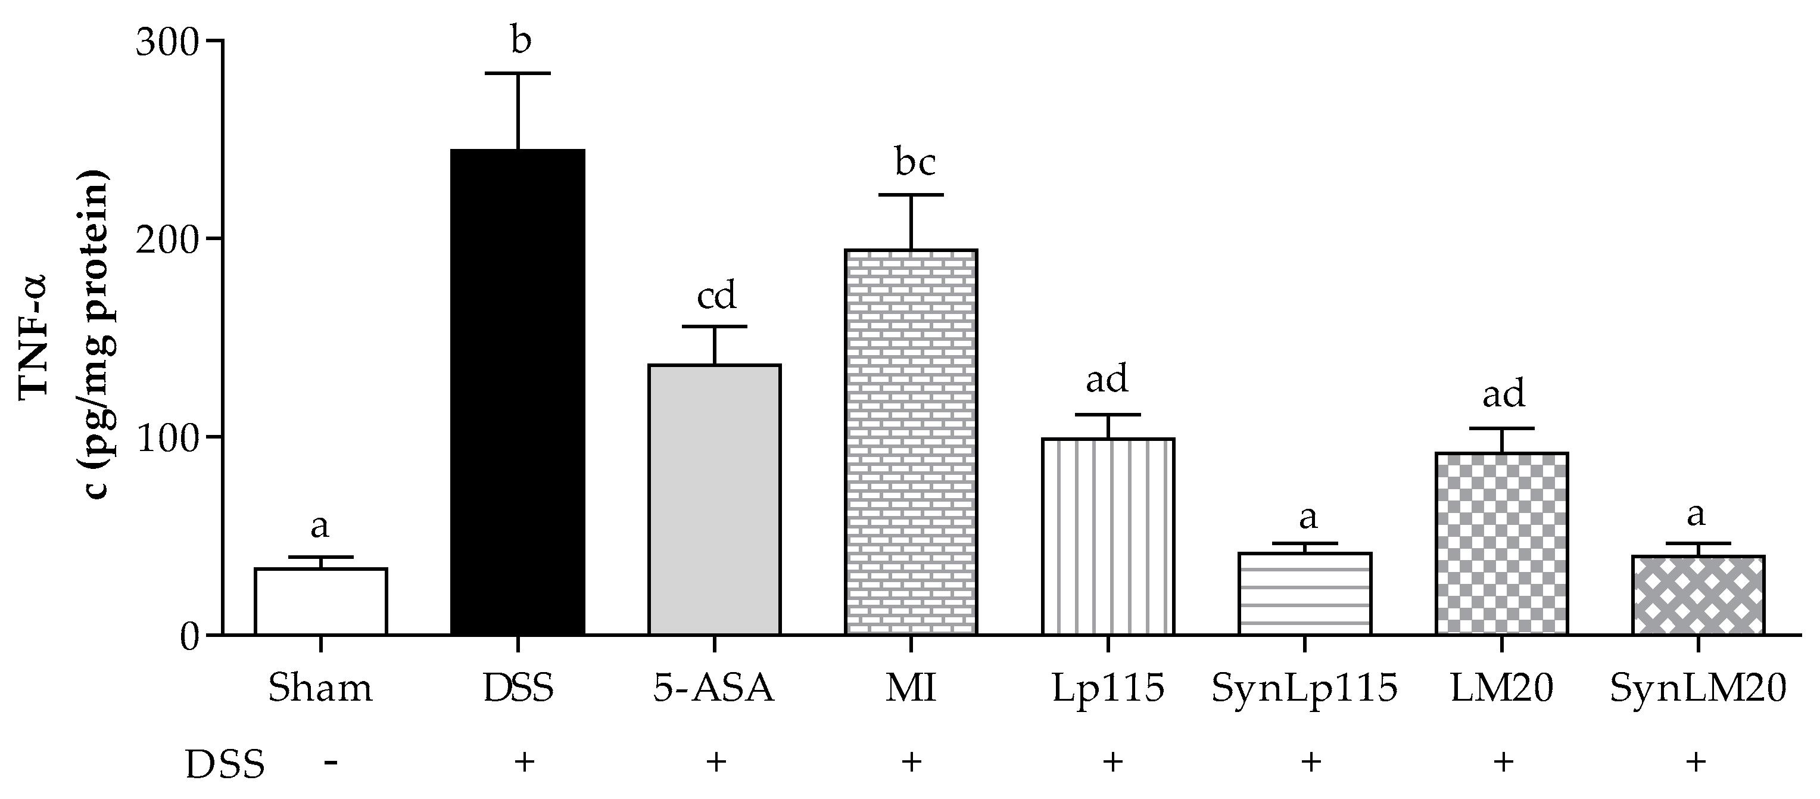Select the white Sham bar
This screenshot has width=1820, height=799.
pyautogui.click(x=321, y=602)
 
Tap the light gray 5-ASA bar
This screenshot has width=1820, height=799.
pyautogui.click(x=714, y=499)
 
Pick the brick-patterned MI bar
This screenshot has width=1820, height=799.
pyautogui.click(x=911, y=442)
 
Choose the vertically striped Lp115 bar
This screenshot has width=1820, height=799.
pyautogui.click(x=1108, y=537)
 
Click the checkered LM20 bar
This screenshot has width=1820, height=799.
pyautogui.click(x=1501, y=544)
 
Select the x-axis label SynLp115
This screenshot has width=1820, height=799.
pyautogui.click(x=1305, y=689)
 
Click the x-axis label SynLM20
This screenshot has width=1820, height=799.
pyautogui.click(x=1698, y=689)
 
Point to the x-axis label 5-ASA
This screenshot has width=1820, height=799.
pyautogui.click(x=713, y=689)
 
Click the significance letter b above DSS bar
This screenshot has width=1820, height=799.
pyautogui.click(x=520, y=41)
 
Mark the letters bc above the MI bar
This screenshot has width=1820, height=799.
pyautogui.click(x=915, y=163)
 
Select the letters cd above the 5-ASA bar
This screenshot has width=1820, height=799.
pyautogui.click(x=716, y=295)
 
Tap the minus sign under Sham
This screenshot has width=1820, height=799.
pyautogui.click(x=330, y=762)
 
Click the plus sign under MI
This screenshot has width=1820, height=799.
pyautogui.click(x=911, y=761)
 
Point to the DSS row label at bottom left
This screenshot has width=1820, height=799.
pyautogui.click(x=225, y=764)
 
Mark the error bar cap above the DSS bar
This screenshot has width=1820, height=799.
pyautogui.click(x=518, y=73)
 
